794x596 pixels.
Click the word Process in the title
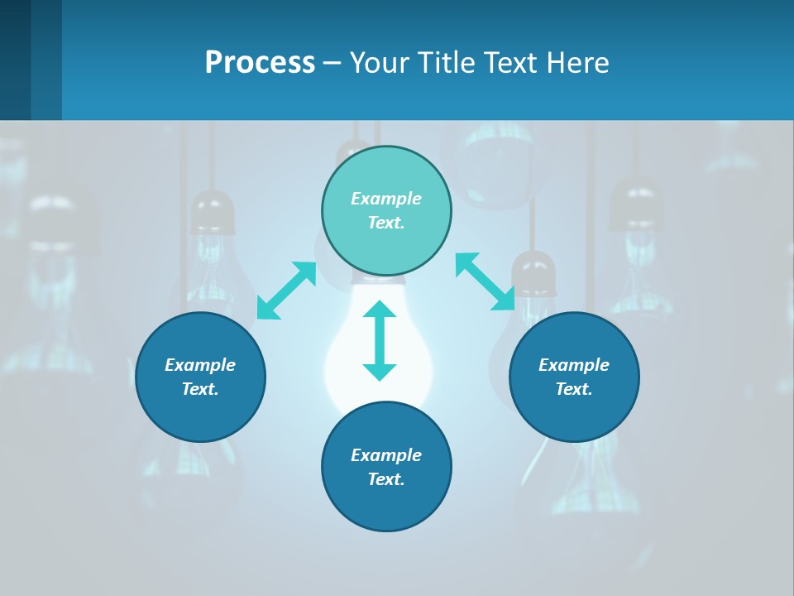[260, 62]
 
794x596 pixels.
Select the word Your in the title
[380, 62]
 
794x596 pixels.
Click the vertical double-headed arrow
[380, 340]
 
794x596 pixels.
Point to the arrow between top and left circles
[286, 290]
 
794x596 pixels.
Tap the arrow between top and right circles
[485, 281]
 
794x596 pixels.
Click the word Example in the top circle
[386, 199]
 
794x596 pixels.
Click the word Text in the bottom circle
[385, 479]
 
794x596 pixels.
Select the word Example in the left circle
[200, 365]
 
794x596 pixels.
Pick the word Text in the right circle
[573, 389]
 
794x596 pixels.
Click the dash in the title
[332, 63]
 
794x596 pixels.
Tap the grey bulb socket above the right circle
[533, 273]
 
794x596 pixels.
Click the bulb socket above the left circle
[213, 212]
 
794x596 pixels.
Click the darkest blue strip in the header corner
[15, 60]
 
